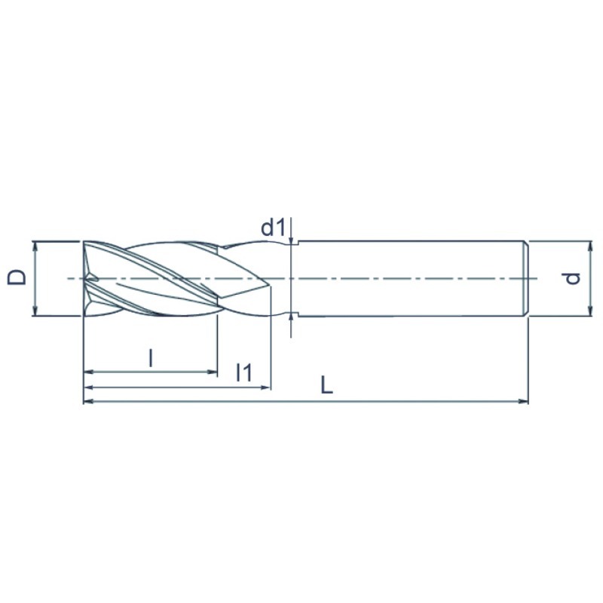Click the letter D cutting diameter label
(17, 277)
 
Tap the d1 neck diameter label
(274, 228)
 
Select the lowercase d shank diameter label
(573, 278)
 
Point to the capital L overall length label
(326, 385)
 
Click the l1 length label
(244, 372)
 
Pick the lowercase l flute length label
(152, 358)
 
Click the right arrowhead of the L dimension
(524, 402)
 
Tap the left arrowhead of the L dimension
(88, 402)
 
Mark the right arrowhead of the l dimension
(213, 372)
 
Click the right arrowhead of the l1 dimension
(266, 387)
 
